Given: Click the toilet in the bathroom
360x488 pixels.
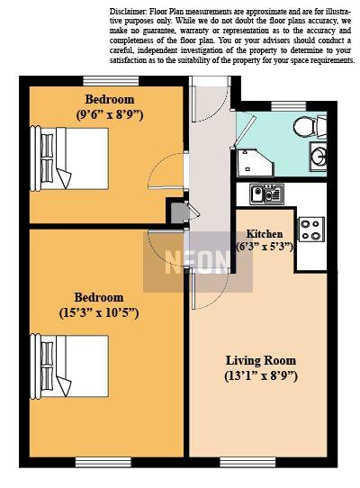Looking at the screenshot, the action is pos(310,127).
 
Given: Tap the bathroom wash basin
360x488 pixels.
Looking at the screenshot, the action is pos(319,158).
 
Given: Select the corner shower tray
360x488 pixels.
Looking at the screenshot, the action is pos(255,162).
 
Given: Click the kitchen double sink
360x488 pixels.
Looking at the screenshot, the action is pos(266,194).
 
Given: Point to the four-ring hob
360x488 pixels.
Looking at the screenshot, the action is pos(311,230).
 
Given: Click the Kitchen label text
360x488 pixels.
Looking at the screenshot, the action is pos(265,234).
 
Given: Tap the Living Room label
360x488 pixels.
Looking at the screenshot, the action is pos(261,360).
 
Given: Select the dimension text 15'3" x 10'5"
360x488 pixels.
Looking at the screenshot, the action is pos(99,312).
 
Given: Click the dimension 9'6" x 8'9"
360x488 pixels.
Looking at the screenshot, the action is pos(110,115).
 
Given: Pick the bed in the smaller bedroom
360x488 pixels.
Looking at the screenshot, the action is pos(69,158).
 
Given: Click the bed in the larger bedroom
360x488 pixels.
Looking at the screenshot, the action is pos(69,366).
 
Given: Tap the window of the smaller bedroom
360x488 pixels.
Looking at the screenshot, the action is pos(111,81).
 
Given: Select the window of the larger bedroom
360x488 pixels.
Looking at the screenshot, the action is pos(103,462).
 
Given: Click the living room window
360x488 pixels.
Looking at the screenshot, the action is pos(247,462).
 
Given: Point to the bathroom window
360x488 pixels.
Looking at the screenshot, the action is pos(289,106).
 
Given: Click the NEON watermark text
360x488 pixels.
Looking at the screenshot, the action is pos(198,262).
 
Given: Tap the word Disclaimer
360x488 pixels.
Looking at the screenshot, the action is pos(128,12).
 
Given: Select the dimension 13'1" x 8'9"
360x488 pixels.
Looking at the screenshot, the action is pos(261,376).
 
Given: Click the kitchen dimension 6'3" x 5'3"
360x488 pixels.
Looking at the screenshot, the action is pos(265,247).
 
